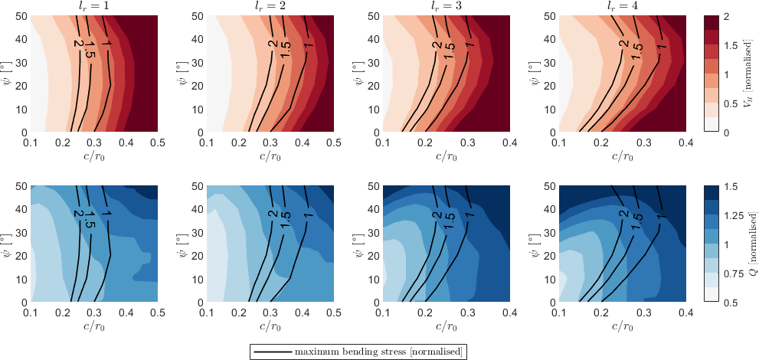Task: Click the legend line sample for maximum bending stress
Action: [x=272, y=352]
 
